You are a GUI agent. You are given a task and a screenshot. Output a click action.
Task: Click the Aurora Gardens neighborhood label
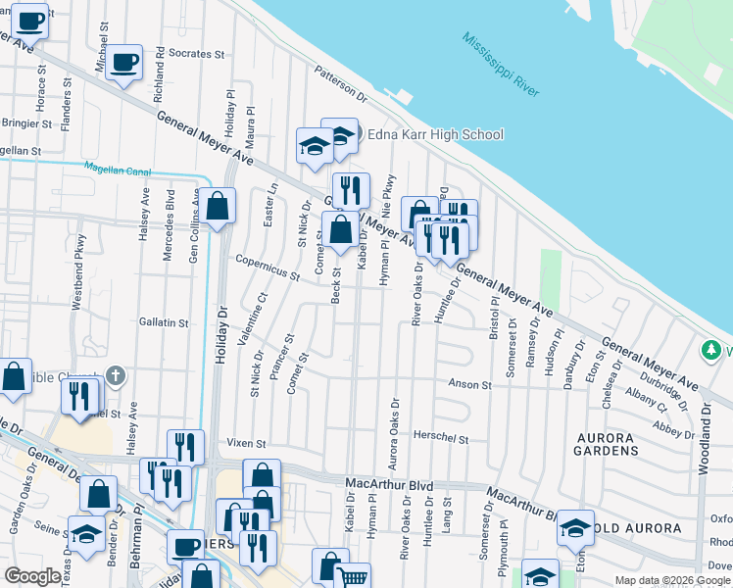coord(597,443)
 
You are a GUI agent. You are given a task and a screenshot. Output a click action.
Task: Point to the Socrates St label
coord(197,53)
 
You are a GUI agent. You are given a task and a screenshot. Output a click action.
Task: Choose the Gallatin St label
coord(163,321)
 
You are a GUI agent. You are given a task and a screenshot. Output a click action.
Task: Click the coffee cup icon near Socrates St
coord(124,64)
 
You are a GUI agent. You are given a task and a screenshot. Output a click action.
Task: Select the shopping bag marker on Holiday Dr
coord(220,206)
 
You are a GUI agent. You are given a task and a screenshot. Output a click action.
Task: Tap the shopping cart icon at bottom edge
coord(353,578)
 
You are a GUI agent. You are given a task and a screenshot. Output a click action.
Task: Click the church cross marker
coord(116,375)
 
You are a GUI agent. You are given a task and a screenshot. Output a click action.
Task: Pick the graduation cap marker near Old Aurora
coord(575,528)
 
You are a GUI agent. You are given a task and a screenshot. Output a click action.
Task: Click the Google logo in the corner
coord(31,576)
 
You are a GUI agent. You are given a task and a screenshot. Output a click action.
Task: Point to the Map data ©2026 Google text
coord(671,580)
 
